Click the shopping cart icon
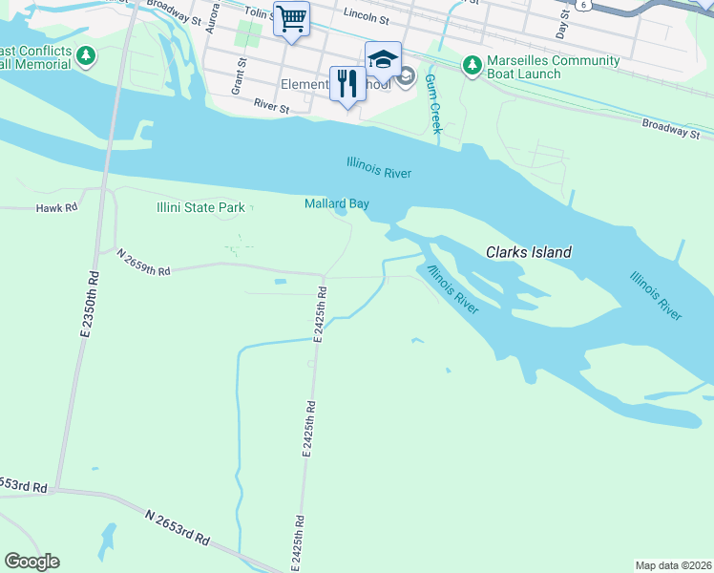(291, 18)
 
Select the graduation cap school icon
(383, 59)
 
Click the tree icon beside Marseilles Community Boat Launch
(471, 65)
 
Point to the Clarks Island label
(529, 253)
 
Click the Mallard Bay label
(336, 203)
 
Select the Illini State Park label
(200, 207)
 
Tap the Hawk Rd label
(55, 207)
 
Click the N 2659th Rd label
(143, 263)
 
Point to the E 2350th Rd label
(91, 306)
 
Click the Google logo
(31, 562)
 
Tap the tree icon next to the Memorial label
(87, 56)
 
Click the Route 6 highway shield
(581, 5)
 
